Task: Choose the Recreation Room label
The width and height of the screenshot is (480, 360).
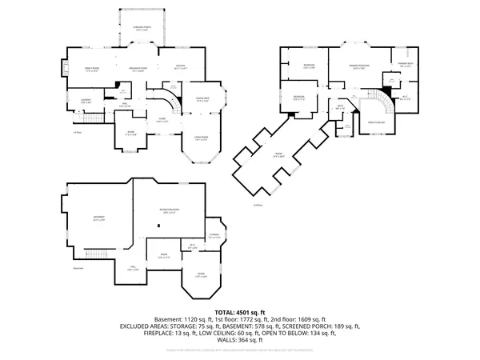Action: click(x=168, y=211)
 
